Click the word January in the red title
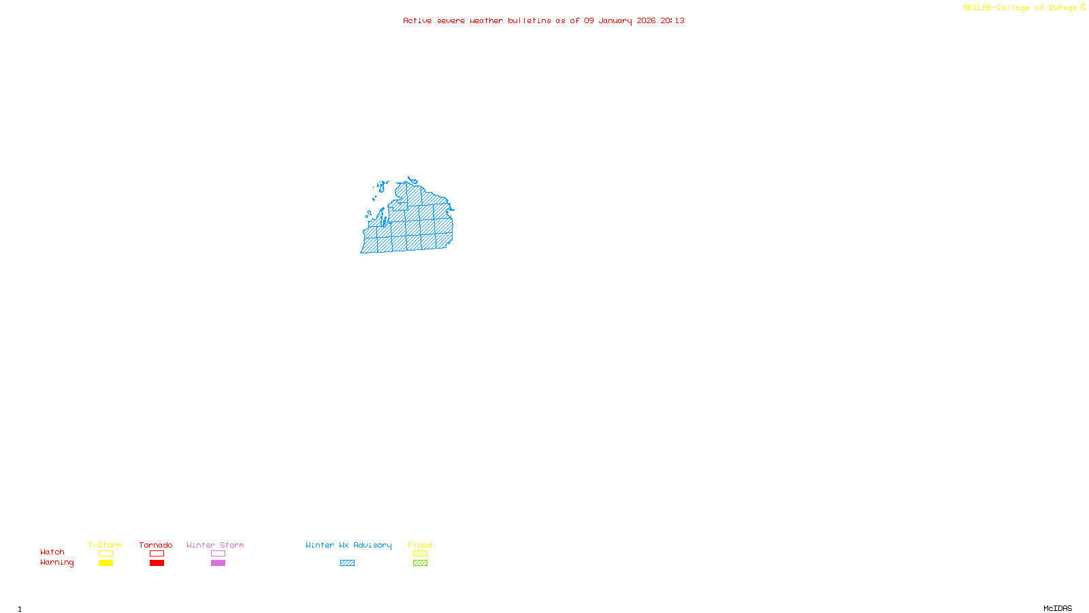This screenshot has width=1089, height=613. (615, 21)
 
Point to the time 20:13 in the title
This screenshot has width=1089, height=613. (672, 21)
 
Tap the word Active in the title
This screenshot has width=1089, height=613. (417, 21)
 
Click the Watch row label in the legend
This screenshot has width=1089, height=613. (52, 552)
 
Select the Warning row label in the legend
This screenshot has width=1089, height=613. (56, 563)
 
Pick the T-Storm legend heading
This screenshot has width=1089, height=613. (105, 545)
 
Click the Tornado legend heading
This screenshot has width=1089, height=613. (156, 545)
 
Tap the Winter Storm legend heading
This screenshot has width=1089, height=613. (215, 545)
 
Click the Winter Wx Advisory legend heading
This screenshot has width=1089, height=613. (348, 545)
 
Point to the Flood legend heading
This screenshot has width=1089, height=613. (420, 545)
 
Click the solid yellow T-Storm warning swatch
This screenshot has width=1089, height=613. (105, 563)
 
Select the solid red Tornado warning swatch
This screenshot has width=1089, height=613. (157, 563)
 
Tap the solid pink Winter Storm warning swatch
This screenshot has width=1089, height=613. (218, 563)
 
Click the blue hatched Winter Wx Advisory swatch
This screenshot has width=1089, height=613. (347, 563)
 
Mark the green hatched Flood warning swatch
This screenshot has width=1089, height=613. (420, 563)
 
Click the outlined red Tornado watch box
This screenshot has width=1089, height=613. (157, 554)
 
